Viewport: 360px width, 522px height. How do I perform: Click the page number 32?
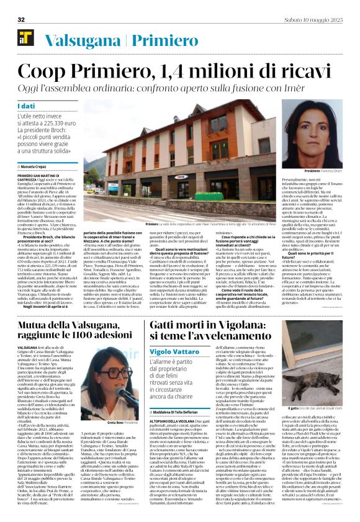click(x=21, y=20)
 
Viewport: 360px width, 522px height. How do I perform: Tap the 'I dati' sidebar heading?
click(x=27, y=106)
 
